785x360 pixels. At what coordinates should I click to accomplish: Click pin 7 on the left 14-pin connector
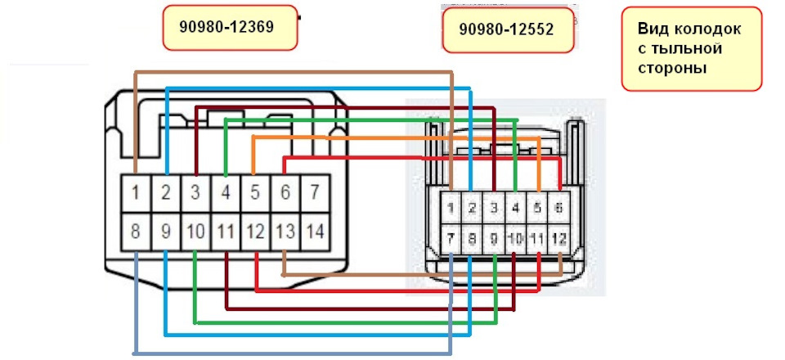tap(314, 194)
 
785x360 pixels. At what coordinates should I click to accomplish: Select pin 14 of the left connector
tap(314, 232)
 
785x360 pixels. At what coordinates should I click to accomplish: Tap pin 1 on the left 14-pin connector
tap(135, 194)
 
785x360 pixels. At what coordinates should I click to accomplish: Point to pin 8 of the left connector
tap(135, 232)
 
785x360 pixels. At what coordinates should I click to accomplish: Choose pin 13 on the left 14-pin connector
tap(284, 232)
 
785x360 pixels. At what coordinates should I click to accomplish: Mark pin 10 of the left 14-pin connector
tap(195, 232)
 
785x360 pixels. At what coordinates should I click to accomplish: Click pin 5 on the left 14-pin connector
tap(254, 194)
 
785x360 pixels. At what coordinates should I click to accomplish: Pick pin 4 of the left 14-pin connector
tap(225, 194)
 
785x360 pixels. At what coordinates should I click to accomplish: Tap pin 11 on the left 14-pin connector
tap(225, 232)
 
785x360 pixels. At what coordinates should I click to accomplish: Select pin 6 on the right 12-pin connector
tap(558, 208)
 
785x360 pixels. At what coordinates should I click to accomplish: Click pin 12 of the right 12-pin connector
tap(558, 238)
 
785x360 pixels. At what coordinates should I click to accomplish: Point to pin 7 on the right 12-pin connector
tap(451, 238)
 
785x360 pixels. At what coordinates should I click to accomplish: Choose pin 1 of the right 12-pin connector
tap(451, 208)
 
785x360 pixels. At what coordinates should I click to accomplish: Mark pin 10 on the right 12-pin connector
tap(515, 238)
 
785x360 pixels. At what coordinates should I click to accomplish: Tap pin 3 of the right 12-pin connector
tap(494, 208)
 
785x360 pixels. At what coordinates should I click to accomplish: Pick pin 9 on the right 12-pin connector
tap(494, 238)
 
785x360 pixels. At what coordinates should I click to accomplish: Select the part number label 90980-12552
tap(506, 29)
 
